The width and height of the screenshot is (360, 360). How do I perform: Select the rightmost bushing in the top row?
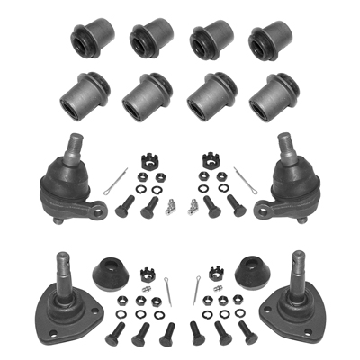point(270,39)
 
